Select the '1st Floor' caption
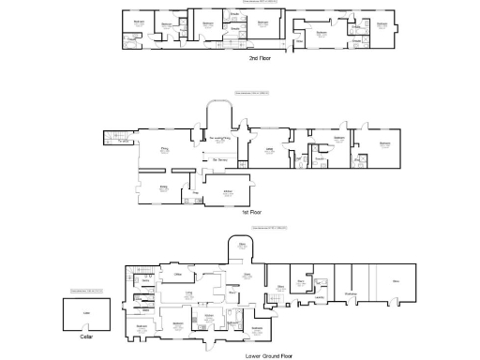pos(251,212)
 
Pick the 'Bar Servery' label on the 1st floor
pos(221,160)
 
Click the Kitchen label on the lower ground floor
pos(209,317)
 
